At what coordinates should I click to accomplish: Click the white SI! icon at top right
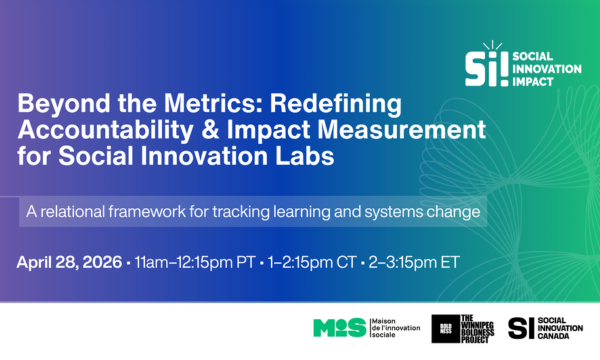[x=486, y=64]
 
